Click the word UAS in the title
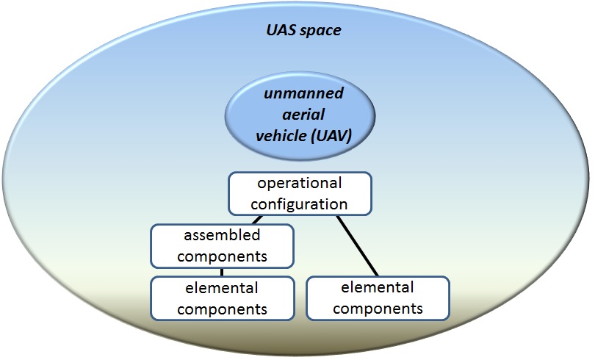(280, 30)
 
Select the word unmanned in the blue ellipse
(303, 93)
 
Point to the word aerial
(303, 114)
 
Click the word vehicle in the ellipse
(281, 135)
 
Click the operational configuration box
(300, 194)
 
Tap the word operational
(300, 184)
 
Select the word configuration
(299, 205)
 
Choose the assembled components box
(223, 246)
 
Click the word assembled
(222, 235)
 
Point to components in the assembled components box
(222, 257)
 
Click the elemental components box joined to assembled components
(223, 298)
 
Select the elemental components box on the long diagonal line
(378, 298)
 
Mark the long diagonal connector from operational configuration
(357, 246)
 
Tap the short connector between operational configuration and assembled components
(257, 220)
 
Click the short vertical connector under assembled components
(222, 272)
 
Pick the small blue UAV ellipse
(300, 116)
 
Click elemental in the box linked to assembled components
(222, 288)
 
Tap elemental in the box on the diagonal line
(377, 287)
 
